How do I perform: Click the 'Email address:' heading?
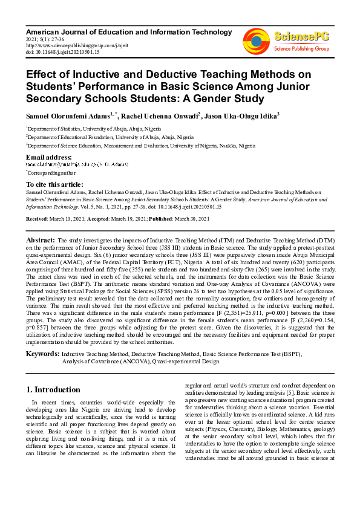click(49, 157)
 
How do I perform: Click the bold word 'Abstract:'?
click(42, 240)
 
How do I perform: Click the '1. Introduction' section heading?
click(54, 389)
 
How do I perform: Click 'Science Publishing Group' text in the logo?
click(301, 48)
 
